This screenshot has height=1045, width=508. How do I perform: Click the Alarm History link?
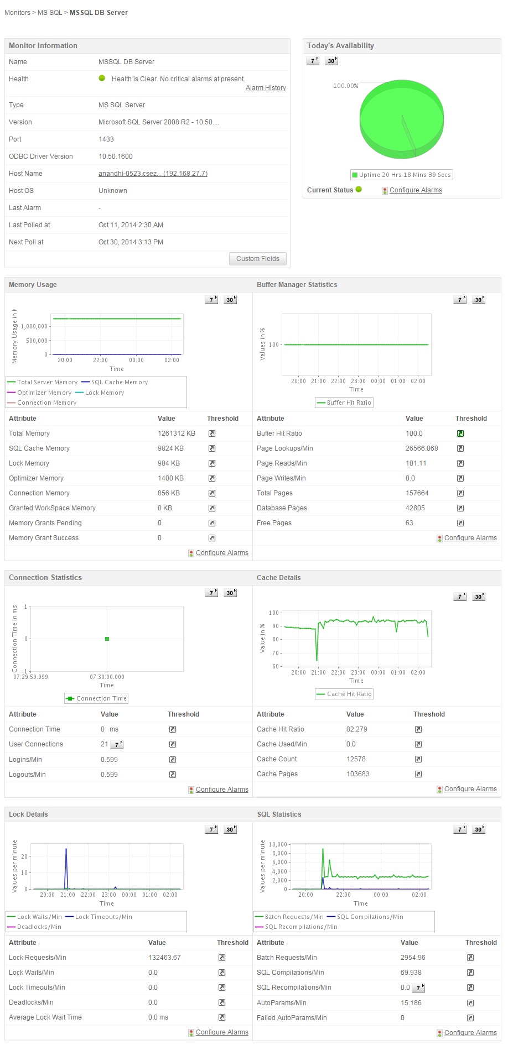point(266,88)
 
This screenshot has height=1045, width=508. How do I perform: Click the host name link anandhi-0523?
point(153,174)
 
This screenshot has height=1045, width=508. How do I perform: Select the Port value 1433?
point(106,139)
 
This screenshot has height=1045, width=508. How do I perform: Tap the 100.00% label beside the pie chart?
point(345,86)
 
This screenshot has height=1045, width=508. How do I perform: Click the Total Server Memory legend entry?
point(43,382)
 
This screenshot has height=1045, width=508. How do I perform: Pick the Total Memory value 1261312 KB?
point(176,433)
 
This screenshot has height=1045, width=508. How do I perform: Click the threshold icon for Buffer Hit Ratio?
point(460,433)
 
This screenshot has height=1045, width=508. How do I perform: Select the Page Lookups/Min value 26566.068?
point(422,448)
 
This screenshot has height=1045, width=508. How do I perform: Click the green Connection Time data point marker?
point(107,639)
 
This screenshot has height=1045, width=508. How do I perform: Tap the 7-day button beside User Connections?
point(117,745)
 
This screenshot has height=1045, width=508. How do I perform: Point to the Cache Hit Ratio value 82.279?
point(357,729)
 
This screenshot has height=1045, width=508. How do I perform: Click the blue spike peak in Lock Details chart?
point(66,849)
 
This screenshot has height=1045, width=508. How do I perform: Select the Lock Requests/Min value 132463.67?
point(164,958)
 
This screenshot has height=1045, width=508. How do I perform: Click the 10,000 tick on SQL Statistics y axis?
point(278,844)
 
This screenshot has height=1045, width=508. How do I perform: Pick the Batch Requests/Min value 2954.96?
point(413,958)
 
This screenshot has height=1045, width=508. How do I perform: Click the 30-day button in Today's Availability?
point(331,61)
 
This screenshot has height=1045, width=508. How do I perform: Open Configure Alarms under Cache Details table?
point(470,789)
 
